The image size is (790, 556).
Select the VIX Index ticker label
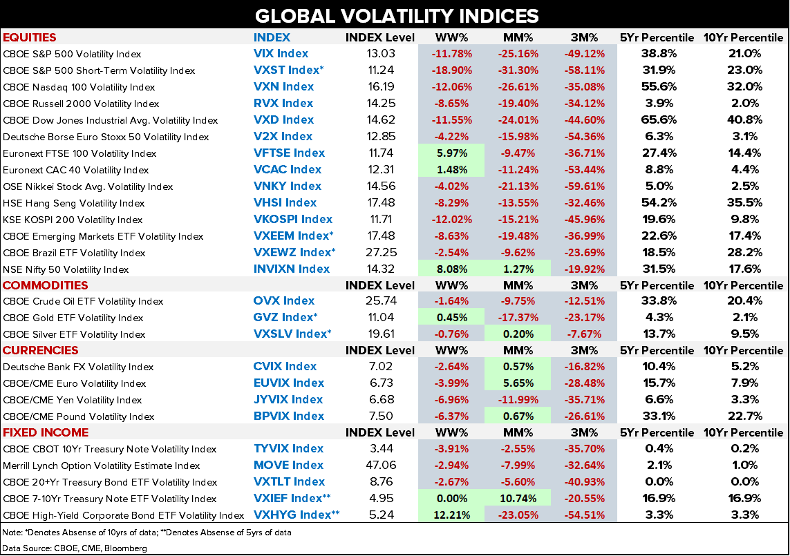(281, 53)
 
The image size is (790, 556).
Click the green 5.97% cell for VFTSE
(452, 153)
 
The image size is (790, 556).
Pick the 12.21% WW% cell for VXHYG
(452, 515)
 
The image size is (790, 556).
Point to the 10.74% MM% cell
(518, 499)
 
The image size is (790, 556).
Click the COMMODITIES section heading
(46, 285)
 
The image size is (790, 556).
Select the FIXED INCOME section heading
(46, 432)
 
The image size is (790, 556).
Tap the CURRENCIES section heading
(41, 350)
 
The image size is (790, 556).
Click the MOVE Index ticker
(288, 466)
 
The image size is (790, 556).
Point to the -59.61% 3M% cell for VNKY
(584, 186)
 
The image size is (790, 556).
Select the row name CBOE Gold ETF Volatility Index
(72, 318)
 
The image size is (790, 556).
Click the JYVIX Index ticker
(288, 400)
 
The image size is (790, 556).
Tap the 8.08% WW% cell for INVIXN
(452, 269)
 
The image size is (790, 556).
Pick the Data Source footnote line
(75, 547)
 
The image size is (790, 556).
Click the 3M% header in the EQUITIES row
(584, 37)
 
